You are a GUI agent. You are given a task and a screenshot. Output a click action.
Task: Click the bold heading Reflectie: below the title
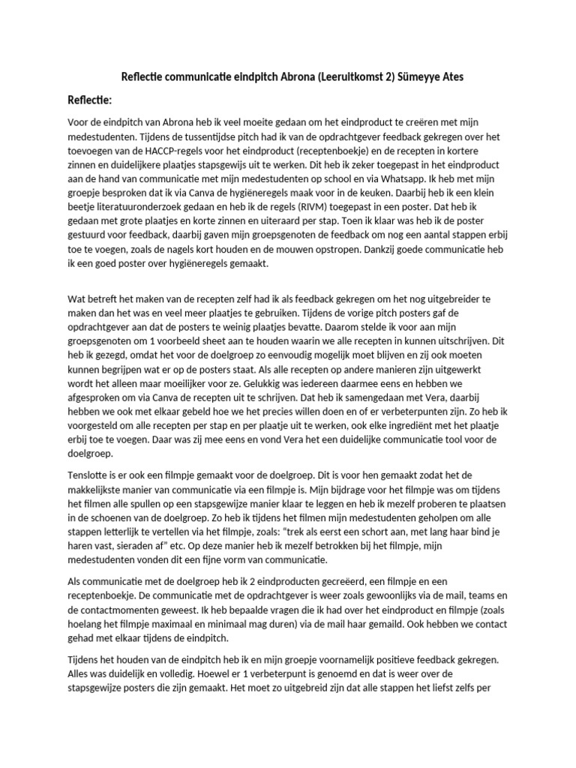(89, 100)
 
